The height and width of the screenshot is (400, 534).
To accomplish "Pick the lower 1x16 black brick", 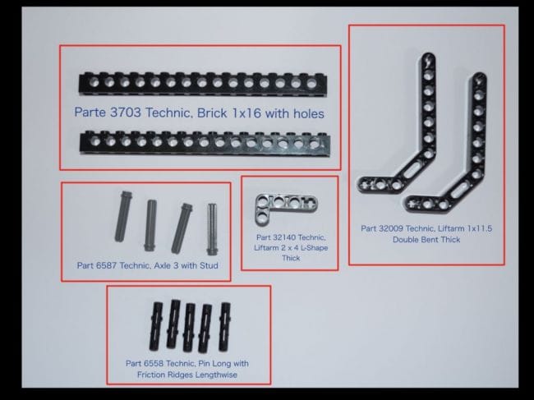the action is pyautogui.click(x=205, y=143).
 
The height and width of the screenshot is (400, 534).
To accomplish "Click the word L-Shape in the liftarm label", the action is pyautogui.click(x=315, y=248).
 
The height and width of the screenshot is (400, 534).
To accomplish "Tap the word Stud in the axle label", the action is pyautogui.click(x=209, y=265).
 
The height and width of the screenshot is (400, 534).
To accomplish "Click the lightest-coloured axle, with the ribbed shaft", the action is pyautogui.click(x=213, y=229).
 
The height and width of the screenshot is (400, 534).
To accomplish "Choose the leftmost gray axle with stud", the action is pyautogui.click(x=123, y=216).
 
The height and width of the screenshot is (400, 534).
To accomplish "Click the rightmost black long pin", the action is pyautogui.click(x=225, y=326).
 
